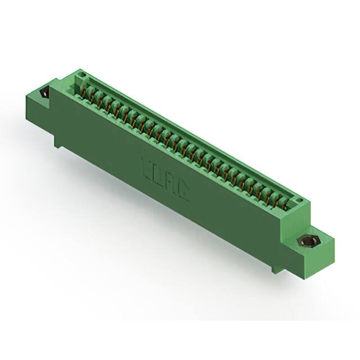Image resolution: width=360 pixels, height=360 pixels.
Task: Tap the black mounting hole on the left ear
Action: pyautogui.click(x=43, y=92)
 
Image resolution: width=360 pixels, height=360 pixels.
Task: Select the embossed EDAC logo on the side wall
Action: pyautogui.click(x=165, y=181)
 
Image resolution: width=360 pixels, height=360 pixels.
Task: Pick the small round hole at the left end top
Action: pyautogui.click(x=80, y=75)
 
